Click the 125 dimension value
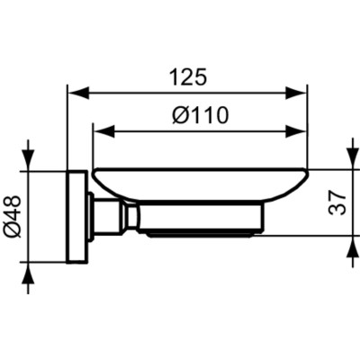(x=188, y=78)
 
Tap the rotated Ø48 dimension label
(x=12, y=217)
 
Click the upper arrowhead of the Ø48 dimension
(x=32, y=160)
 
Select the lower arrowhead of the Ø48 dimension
(x=32, y=274)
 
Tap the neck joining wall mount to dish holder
(x=114, y=217)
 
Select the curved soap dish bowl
(x=198, y=185)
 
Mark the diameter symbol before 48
(x=12, y=232)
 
